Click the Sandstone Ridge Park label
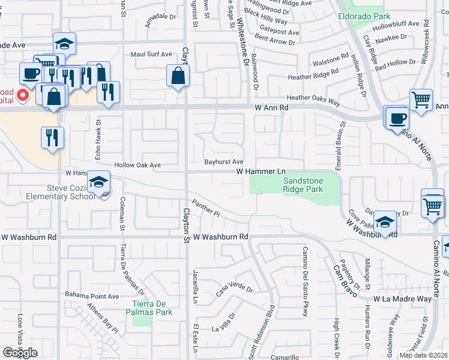(x=303, y=185)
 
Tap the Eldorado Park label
(x=361, y=16)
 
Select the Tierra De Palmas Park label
(x=152, y=307)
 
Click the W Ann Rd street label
(x=271, y=107)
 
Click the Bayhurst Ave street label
(x=223, y=161)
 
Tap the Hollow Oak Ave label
(x=139, y=165)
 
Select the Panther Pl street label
(x=206, y=208)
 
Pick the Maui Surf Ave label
(x=151, y=54)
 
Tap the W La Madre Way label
(x=402, y=298)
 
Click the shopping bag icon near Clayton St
(x=178, y=76)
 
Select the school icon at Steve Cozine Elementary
(x=98, y=182)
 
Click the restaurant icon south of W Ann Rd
(x=53, y=137)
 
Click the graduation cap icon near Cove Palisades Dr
(x=384, y=222)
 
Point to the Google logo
(x=20, y=353)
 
